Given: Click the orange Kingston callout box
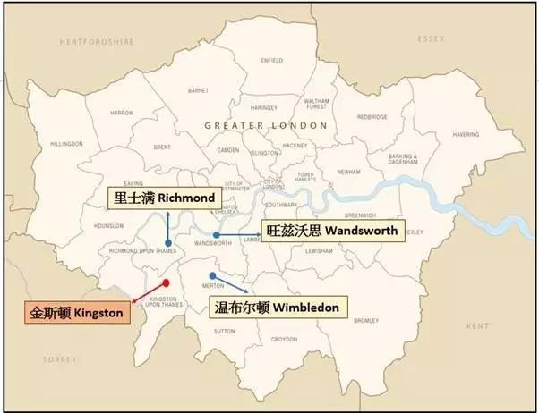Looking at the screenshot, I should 77,313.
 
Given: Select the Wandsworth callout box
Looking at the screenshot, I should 332,229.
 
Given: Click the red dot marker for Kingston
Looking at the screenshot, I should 166,282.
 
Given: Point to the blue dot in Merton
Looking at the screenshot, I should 212,275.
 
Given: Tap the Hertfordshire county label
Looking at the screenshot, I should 96,41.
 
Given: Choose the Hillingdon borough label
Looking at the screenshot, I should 67,143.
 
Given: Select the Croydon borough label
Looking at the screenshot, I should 284,339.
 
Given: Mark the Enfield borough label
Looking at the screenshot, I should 271,61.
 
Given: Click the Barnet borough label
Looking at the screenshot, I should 198,90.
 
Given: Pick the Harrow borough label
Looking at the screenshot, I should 122,114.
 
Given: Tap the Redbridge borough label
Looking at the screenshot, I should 372,116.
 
